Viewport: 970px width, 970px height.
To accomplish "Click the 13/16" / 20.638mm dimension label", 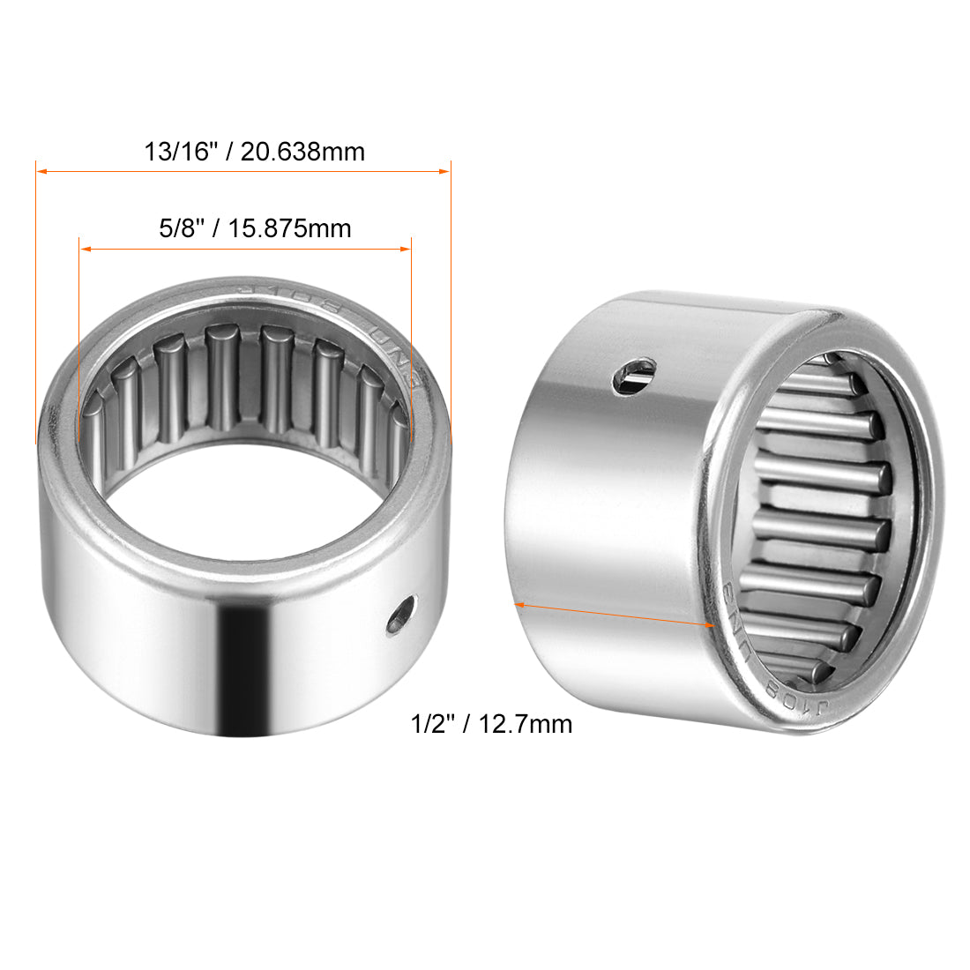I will tap(254, 152).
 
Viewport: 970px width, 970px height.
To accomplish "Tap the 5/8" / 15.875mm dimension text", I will tap(254, 229).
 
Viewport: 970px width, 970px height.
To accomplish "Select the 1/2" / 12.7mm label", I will tap(491, 724).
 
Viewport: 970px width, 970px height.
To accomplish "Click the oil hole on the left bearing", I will tap(401, 615).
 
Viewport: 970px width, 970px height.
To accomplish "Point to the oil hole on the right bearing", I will tap(636, 374).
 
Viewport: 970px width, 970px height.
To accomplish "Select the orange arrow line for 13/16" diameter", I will tap(242, 171).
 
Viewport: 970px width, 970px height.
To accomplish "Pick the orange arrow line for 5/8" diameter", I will tap(245, 249).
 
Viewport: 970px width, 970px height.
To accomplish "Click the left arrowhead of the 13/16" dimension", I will tap(41, 171).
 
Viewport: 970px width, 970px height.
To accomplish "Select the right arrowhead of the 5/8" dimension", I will tap(407, 249).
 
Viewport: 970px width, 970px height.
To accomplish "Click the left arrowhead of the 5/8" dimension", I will tap(85, 249).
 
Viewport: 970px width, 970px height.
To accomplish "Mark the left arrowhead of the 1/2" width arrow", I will tap(519, 605).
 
